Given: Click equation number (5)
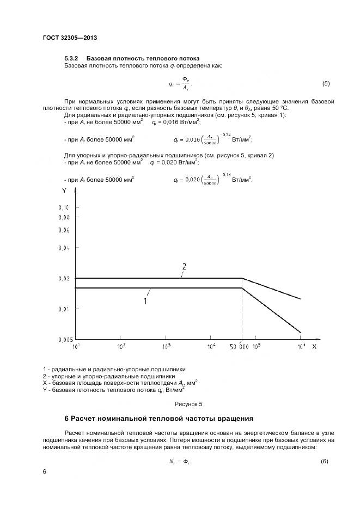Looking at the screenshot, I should tap(326, 83).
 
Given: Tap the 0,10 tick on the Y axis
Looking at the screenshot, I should tap(63, 208).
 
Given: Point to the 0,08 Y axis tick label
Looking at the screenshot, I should tap(63, 217).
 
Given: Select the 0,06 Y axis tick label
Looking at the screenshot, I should tap(63, 230).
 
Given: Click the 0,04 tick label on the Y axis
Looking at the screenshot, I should tap(63, 248).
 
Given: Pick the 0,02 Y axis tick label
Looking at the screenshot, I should tap(63, 278).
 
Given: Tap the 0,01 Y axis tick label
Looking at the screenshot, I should tap(63, 309).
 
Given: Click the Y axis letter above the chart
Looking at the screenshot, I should tap(64, 191).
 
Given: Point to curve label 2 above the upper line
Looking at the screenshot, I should tap(184, 267).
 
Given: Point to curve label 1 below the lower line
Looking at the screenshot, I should tap(145, 300).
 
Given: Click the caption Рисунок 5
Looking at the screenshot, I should tap(188, 404).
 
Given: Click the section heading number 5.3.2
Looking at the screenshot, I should tap(72, 58).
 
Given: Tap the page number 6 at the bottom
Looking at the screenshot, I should tap(44, 471).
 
